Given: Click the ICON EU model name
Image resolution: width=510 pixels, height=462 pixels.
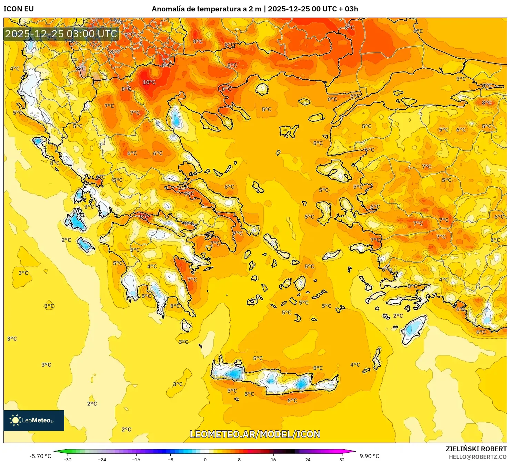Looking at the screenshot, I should [19, 9].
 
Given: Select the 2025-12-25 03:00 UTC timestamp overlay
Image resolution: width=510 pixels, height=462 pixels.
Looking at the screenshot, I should [61, 34].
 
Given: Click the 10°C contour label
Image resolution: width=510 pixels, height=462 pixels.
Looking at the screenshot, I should [149, 82].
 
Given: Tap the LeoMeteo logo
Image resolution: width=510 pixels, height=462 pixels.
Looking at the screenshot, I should [34, 420].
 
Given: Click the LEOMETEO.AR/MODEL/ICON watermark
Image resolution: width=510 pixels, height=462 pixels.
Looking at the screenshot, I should [255, 434].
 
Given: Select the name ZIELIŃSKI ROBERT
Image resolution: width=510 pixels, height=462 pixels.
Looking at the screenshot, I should [476, 449].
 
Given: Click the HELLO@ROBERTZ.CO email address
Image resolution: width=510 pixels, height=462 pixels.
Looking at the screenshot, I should [478, 457].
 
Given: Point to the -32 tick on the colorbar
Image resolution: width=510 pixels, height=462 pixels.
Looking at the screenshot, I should [68, 459].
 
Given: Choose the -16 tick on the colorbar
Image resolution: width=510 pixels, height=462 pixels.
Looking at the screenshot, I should [137, 459].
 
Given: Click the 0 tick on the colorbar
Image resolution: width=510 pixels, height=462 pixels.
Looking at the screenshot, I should [205, 459].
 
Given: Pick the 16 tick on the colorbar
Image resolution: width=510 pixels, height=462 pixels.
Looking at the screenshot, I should [273, 459].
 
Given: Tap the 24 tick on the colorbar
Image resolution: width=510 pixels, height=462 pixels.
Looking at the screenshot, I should [308, 459].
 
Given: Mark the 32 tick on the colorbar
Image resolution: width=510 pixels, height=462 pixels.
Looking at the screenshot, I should [342, 459].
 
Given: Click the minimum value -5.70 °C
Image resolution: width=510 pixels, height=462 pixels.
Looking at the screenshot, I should [40, 456].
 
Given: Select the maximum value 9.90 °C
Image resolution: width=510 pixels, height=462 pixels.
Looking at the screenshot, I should [369, 456].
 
